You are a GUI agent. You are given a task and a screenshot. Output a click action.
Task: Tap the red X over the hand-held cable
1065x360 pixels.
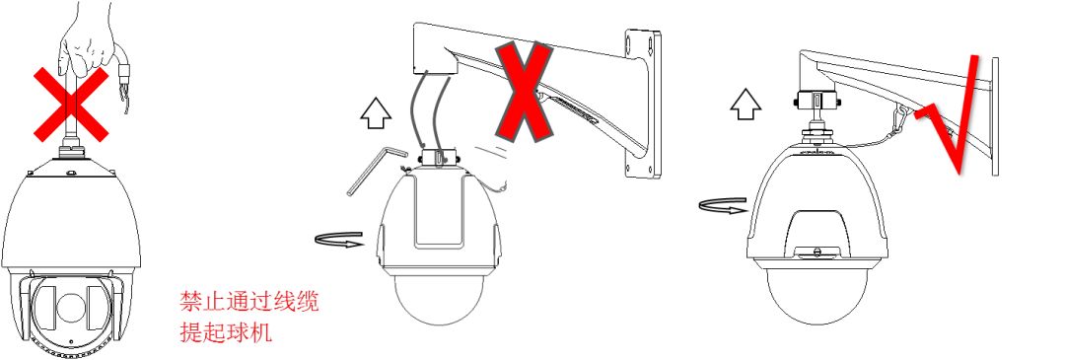71,105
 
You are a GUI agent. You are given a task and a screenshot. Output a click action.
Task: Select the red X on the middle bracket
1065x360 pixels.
524,91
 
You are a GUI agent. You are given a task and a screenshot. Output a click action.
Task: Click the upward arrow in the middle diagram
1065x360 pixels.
376,112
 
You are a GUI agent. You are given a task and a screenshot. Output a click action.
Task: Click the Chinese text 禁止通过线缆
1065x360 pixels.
248,302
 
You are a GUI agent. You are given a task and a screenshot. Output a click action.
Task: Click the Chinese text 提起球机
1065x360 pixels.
226,332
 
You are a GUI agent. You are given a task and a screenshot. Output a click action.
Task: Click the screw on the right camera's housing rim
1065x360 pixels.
817,252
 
